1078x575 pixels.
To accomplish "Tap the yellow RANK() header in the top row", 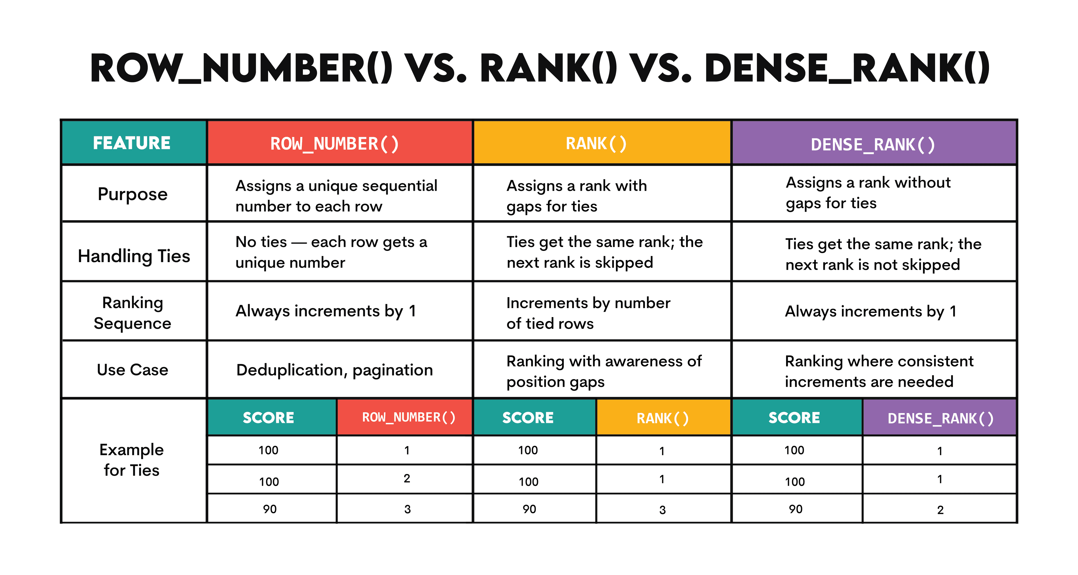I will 596,143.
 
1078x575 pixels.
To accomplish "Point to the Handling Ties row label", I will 134,256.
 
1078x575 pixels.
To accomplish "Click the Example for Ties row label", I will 131,460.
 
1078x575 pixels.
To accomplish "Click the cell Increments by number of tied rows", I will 588,313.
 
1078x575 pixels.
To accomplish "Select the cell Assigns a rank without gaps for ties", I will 868,193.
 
